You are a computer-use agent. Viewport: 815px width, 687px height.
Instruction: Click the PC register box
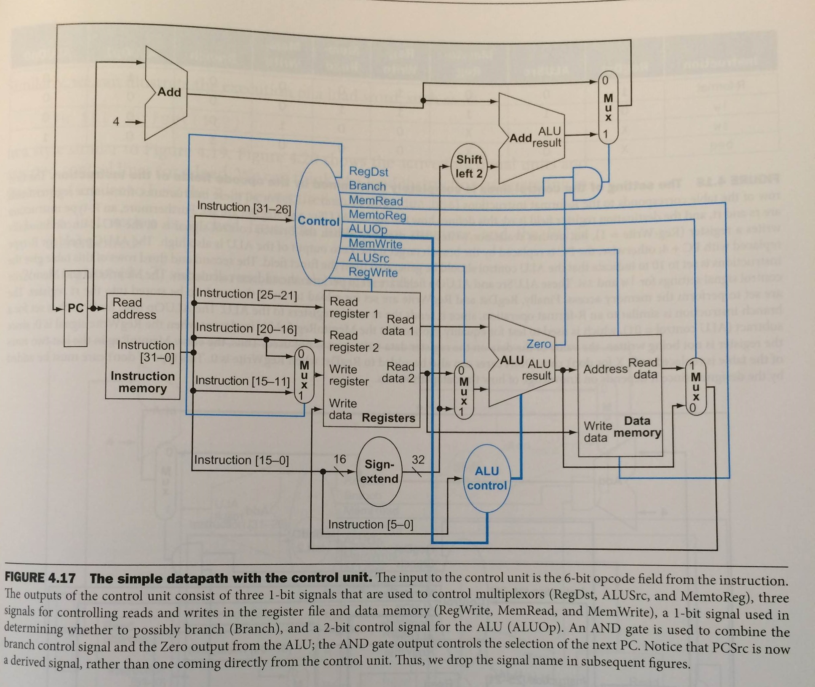click(76, 309)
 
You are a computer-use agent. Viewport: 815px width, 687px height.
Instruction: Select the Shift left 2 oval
click(469, 166)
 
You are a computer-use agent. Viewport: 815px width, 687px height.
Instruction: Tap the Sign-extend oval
click(379, 471)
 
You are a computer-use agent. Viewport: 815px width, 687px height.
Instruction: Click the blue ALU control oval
click(487, 479)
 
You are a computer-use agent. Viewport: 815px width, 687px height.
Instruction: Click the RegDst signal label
click(369, 171)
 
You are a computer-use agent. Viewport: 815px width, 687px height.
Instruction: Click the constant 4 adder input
click(116, 122)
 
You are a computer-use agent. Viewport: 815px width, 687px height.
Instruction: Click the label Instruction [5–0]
click(370, 525)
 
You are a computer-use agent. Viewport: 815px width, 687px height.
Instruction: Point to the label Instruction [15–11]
click(242, 380)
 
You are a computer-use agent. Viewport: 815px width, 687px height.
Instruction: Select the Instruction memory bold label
click(143, 382)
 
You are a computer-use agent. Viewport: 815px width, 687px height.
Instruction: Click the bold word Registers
click(388, 418)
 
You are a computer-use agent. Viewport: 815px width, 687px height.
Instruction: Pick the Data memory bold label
click(637, 427)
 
